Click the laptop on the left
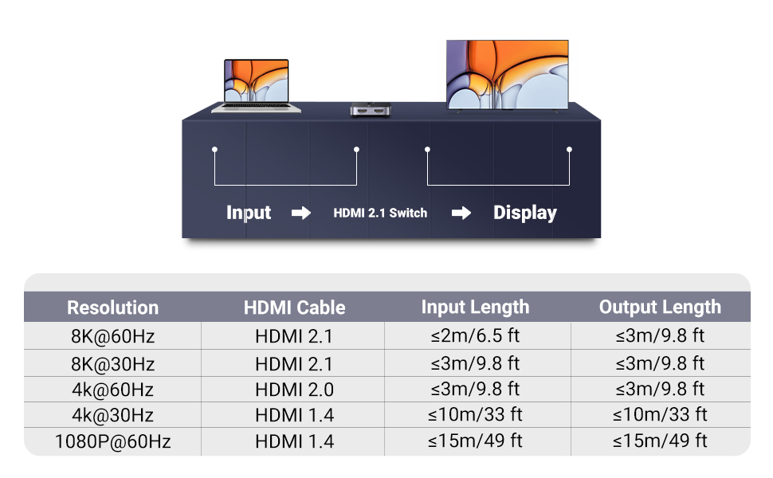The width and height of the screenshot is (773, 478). pyautogui.click(x=256, y=84)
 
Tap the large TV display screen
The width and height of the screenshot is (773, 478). pyautogui.click(x=508, y=74)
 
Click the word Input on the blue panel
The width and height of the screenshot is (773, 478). pyautogui.click(x=249, y=213)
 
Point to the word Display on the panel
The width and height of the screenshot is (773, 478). pyautogui.click(x=524, y=213)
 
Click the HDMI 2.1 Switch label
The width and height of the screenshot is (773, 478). pyautogui.click(x=380, y=213)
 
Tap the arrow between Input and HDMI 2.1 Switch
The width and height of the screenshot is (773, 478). pyautogui.click(x=301, y=213)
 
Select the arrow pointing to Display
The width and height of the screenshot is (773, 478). pyautogui.click(x=461, y=213)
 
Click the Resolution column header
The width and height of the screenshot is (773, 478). pyautogui.click(x=112, y=308)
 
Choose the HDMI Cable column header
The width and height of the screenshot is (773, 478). pyautogui.click(x=294, y=308)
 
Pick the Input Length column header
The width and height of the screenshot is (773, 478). pyautogui.click(x=475, y=308)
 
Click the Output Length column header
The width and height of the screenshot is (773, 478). pyautogui.click(x=660, y=308)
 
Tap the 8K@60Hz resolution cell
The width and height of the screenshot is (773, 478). pyautogui.click(x=112, y=336)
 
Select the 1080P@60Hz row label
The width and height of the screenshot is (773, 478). pyautogui.click(x=112, y=441)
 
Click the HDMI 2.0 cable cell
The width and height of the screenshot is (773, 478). pyautogui.click(x=294, y=389)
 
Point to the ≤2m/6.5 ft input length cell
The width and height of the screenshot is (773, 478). pyautogui.click(x=475, y=336)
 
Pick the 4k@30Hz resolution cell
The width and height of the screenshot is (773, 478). pyautogui.click(x=112, y=415)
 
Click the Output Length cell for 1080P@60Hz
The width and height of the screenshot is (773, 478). pyautogui.click(x=660, y=441)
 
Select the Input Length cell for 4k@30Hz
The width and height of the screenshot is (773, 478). pyautogui.click(x=475, y=415)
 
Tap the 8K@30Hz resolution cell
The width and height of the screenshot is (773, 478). pyautogui.click(x=112, y=363)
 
